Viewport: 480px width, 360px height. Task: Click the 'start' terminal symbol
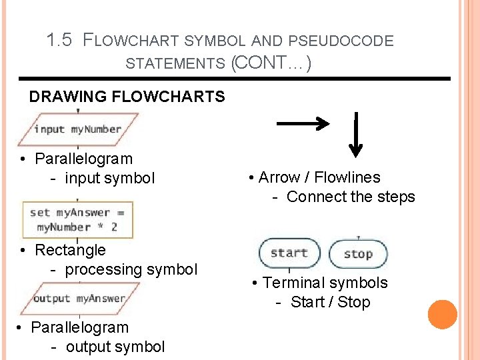click(x=289, y=253)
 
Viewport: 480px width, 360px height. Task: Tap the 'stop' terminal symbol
click(x=358, y=254)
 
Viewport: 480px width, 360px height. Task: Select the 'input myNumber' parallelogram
click(x=78, y=129)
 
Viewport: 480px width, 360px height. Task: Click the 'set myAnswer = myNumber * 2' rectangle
click(x=77, y=220)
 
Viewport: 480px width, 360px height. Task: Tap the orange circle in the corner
click(x=442, y=315)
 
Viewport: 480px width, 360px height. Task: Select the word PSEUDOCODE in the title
click(x=351, y=41)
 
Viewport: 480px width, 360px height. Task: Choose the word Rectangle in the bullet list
click(x=70, y=250)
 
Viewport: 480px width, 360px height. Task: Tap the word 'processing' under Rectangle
click(x=103, y=269)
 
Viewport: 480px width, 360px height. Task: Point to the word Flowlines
click(x=347, y=177)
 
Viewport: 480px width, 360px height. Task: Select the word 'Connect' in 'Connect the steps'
click(x=312, y=197)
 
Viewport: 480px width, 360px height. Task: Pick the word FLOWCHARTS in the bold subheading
click(x=169, y=97)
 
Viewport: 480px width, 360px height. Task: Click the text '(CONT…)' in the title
click(x=271, y=64)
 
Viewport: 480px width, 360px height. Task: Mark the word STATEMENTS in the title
click(x=175, y=64)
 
